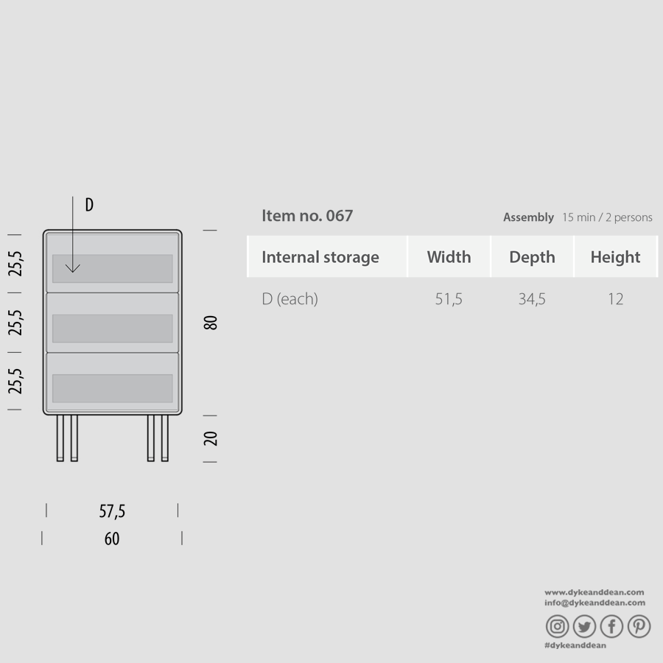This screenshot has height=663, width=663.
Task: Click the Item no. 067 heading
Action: tap(307, 216)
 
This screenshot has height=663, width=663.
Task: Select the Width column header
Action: tap(449, 257)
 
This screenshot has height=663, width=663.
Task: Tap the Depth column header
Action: tap(532, 257)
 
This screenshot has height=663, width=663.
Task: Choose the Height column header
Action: tap(615, 257)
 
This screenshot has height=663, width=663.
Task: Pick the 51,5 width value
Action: tap(449, 299)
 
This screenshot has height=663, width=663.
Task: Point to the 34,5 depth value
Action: tap(532, 299)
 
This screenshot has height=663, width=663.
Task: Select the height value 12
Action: tap(616, 299)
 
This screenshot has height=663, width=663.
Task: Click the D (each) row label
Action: tap(290, 299)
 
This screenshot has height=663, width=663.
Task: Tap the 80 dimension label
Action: tap(211, 323)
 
